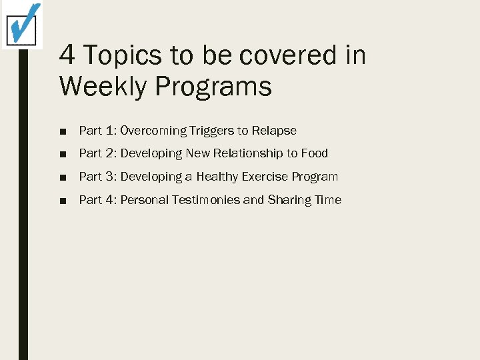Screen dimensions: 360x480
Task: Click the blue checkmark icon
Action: pos(23,24)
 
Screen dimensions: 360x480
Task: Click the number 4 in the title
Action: pos(67,55)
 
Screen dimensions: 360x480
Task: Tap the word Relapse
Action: pos(274,131)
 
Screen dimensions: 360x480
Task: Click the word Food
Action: pos(315,153)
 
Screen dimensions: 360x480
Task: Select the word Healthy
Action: pos(218,177)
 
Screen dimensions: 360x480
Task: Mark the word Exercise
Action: pos(270,177)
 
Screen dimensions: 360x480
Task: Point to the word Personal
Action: pos(145,200)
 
